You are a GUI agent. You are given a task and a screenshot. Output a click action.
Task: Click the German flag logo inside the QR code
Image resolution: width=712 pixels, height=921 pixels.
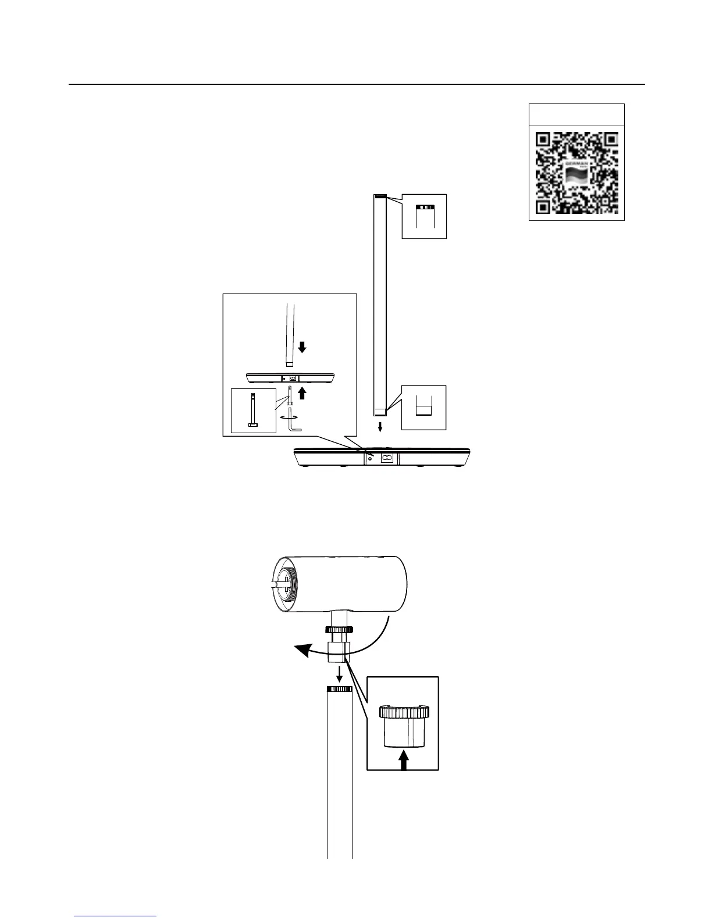(576, 173)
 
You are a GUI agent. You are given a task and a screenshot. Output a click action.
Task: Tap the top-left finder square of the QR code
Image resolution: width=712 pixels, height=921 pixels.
(543, 140)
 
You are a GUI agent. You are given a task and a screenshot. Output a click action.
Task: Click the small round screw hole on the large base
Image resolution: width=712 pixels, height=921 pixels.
(370, 458)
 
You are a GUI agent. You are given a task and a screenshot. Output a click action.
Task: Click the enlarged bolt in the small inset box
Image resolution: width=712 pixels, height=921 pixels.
(253, 410)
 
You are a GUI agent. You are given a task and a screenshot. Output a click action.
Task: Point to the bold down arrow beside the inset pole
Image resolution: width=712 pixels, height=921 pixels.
(302, 348)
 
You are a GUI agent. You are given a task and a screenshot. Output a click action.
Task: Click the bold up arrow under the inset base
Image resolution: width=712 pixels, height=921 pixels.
(302, 394)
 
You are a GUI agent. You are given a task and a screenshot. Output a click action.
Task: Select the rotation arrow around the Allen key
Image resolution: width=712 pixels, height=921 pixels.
(289, 417)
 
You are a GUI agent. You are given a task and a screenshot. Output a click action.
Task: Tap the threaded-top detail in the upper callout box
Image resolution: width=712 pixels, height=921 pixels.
(424, 208)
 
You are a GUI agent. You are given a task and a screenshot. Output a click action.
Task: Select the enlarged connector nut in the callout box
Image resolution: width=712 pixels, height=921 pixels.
(404, 726)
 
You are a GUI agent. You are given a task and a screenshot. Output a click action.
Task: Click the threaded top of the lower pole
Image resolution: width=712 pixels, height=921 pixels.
(340, 689)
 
